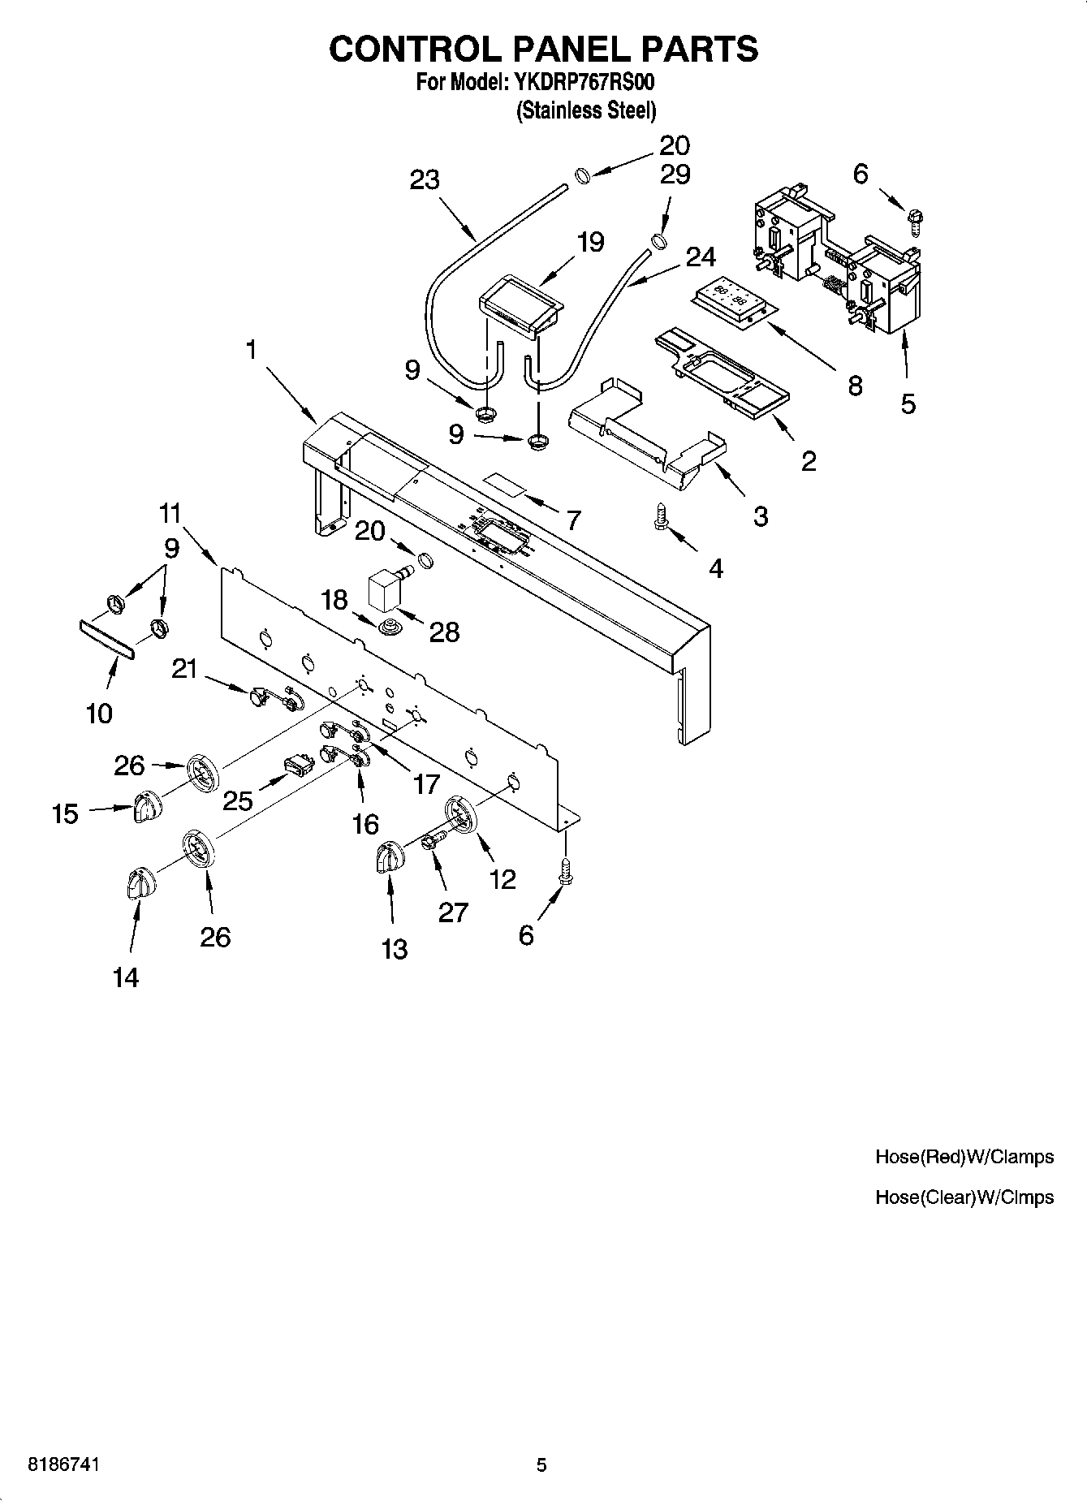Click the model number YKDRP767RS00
coord(583,83)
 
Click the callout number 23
coord(424,180)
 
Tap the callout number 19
coord(590,241)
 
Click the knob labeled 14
coord(139,882)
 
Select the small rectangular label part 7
coord(505,485)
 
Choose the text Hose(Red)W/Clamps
coord(964,1157)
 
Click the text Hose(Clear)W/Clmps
coord(964,1197)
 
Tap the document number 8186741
coord(64,1464)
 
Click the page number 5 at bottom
coord(541,1464)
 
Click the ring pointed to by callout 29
coord(658,241)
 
